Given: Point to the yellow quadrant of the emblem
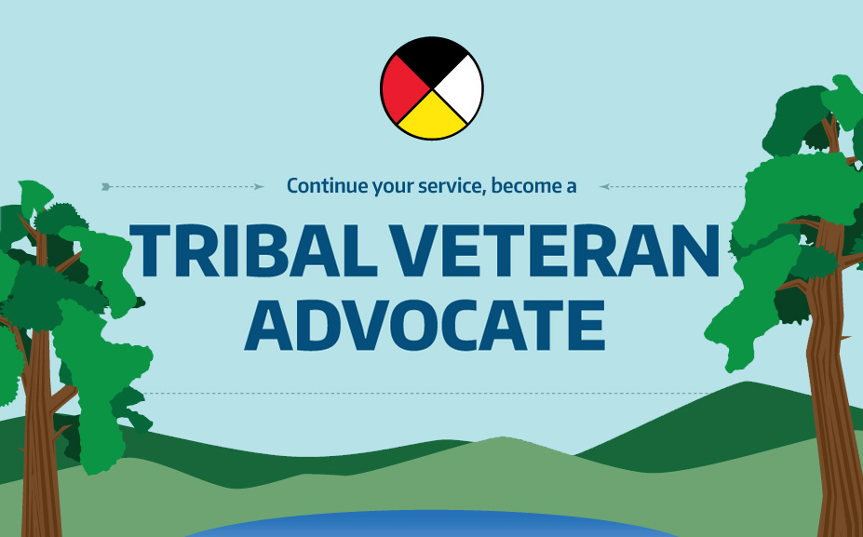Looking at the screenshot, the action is click(432, 118).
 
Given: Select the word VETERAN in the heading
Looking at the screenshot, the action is click(556, 250).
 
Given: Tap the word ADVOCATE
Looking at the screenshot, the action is click(425, 325).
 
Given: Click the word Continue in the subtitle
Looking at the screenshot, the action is click(327, 185).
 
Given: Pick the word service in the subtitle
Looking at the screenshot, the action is click(452, 186).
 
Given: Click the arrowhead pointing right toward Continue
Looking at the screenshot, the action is click(259, 187).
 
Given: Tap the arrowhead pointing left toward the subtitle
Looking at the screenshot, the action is click(604, 187).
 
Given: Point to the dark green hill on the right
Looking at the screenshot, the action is click(716, 429).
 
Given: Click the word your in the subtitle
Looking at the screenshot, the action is click(393, 188).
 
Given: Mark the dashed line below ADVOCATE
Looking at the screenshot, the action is click(426, 394).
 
